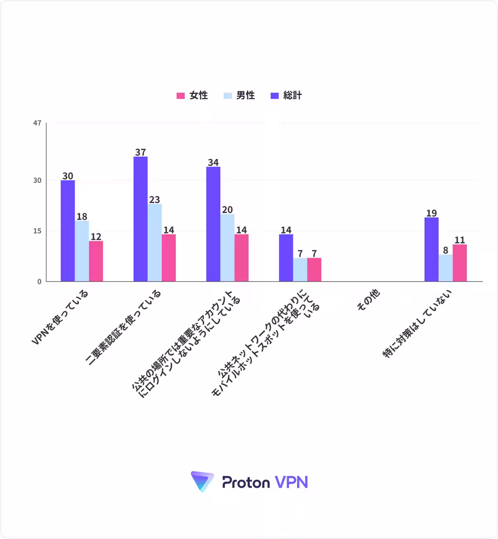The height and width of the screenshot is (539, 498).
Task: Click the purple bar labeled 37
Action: coord(141,219)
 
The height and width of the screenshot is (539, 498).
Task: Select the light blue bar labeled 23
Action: coord(155,243)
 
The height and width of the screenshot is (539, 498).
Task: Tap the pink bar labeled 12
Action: coord(96,261)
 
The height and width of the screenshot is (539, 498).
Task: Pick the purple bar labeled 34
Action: coord(213,224)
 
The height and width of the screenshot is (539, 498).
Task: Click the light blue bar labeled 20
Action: coord(227,247)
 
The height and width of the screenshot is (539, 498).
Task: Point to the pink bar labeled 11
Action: coord(460,263)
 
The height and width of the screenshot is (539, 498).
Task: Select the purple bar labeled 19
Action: coord(432,250)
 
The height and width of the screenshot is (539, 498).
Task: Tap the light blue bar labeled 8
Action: coord(446,268)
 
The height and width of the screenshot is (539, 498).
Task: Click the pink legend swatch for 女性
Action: coord(181,96)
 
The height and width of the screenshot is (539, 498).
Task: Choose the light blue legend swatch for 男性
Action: coord(227,96)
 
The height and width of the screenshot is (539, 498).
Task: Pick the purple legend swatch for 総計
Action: coord(274,96)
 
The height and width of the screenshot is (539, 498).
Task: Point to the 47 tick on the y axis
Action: coord(37,123)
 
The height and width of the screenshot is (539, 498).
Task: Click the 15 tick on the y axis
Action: coord(37,231)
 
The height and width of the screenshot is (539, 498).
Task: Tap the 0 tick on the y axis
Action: coord(39,282)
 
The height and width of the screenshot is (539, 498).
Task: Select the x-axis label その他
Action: coord(369,300)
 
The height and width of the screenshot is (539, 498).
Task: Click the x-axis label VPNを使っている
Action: coord(60,317)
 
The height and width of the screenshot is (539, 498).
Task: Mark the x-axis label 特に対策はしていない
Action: coord(417,323)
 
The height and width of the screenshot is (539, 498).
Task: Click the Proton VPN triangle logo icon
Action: coord(202,482)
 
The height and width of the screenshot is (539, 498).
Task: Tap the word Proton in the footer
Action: coord(246,482)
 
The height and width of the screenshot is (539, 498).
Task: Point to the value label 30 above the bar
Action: coord(68,176)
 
